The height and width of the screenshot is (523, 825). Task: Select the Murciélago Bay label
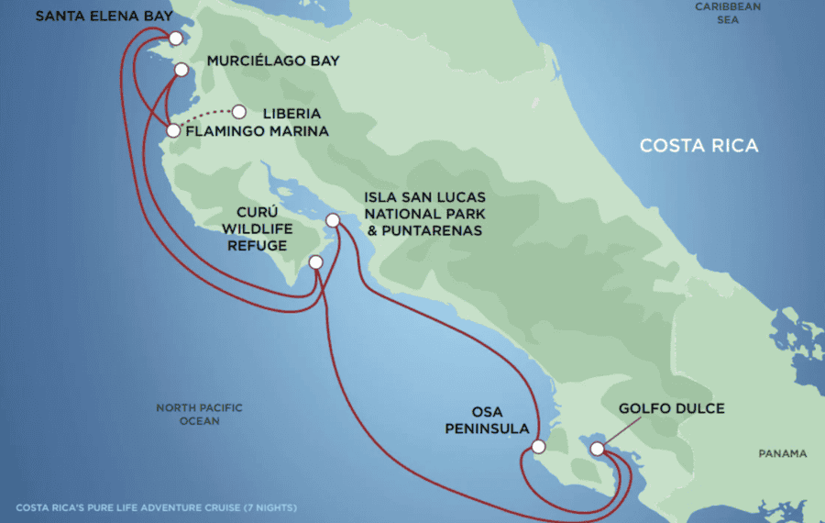(274, 61)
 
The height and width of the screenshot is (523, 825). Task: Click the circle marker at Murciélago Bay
(181, 69)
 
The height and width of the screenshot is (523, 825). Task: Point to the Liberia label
(291, 114)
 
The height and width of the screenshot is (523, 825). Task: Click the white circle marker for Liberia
(239, 112)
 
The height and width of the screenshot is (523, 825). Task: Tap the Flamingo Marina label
(257, 132)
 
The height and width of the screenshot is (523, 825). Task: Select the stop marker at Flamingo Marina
(173, 130)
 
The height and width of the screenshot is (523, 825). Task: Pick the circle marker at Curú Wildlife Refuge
(316, 262)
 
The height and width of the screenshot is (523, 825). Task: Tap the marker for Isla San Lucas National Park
(333, 220)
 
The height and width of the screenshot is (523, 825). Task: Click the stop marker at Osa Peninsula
(538, 448)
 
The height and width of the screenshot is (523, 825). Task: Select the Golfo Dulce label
(671, 408)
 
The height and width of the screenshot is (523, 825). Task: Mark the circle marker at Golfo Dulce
(598, 449)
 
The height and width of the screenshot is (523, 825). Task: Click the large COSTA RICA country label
(699, 146)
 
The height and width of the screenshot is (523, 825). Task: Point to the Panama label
(783, 453)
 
